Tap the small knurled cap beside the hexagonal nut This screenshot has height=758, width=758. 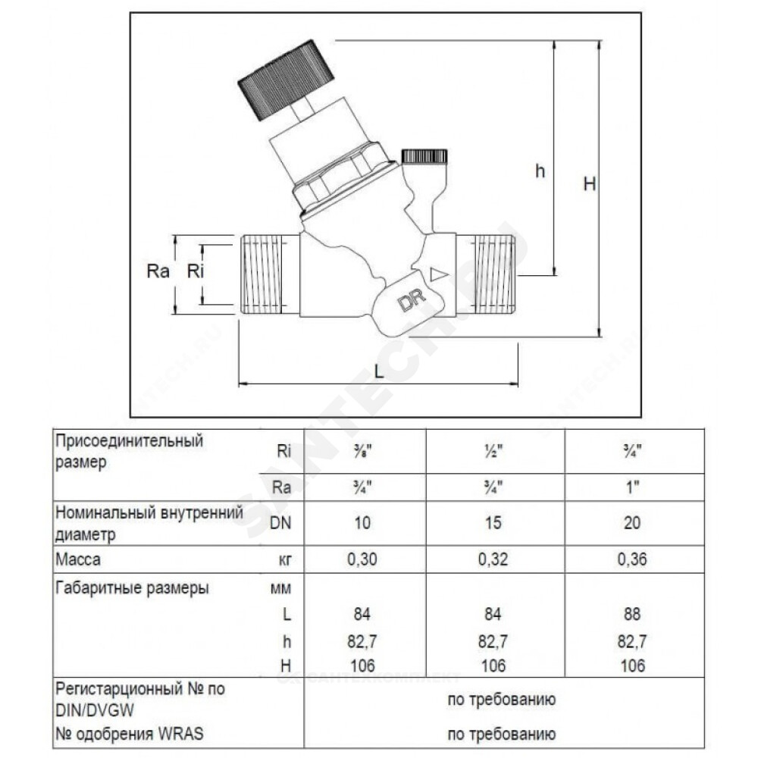(x=424, y=157)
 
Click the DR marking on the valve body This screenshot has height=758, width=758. (x=412, y=300)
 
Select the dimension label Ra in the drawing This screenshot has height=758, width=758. (x=158, y=271)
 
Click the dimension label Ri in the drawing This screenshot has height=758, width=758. (x=196, y=271)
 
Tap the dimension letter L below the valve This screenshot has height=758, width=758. (x=380, y=371)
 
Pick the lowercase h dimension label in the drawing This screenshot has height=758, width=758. (x=540, y=170)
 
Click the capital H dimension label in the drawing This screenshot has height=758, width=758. (x=589, y=183)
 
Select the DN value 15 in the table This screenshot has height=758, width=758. (x=493, y=522)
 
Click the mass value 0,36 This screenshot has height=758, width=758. (x=632, y=559)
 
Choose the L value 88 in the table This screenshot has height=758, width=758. (x=632, y=614)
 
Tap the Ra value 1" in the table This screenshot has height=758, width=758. (x=632, y=487)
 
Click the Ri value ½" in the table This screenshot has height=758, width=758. (x=493, y=451)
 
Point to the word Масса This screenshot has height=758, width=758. (x=78, y=559)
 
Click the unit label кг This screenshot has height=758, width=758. (x=285, y=560)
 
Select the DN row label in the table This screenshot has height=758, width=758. (x=281, y=522)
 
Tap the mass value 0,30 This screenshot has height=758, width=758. (x=362, y=559)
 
